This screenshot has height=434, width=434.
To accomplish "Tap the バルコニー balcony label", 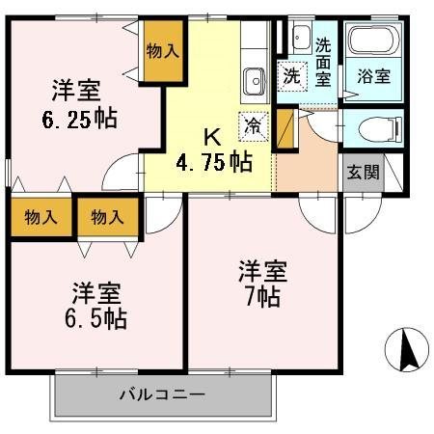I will pos(162,393).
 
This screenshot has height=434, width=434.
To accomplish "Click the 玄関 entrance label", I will pos(363,174).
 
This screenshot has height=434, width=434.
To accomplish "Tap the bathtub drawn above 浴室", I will pos(371,41).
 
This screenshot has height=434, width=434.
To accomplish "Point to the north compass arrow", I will pos(405,350).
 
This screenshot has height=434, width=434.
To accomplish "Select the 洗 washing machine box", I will pos(291,77).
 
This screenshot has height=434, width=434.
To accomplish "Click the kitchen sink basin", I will pos(255,78).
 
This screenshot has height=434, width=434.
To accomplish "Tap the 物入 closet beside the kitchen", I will pos(161,51).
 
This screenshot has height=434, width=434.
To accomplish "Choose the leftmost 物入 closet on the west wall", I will pos(33,217).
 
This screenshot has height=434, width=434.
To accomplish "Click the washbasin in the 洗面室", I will pos(298,34).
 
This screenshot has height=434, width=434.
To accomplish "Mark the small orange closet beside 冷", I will pos(284,126).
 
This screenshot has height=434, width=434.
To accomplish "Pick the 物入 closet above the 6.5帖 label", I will pos(107,217).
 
